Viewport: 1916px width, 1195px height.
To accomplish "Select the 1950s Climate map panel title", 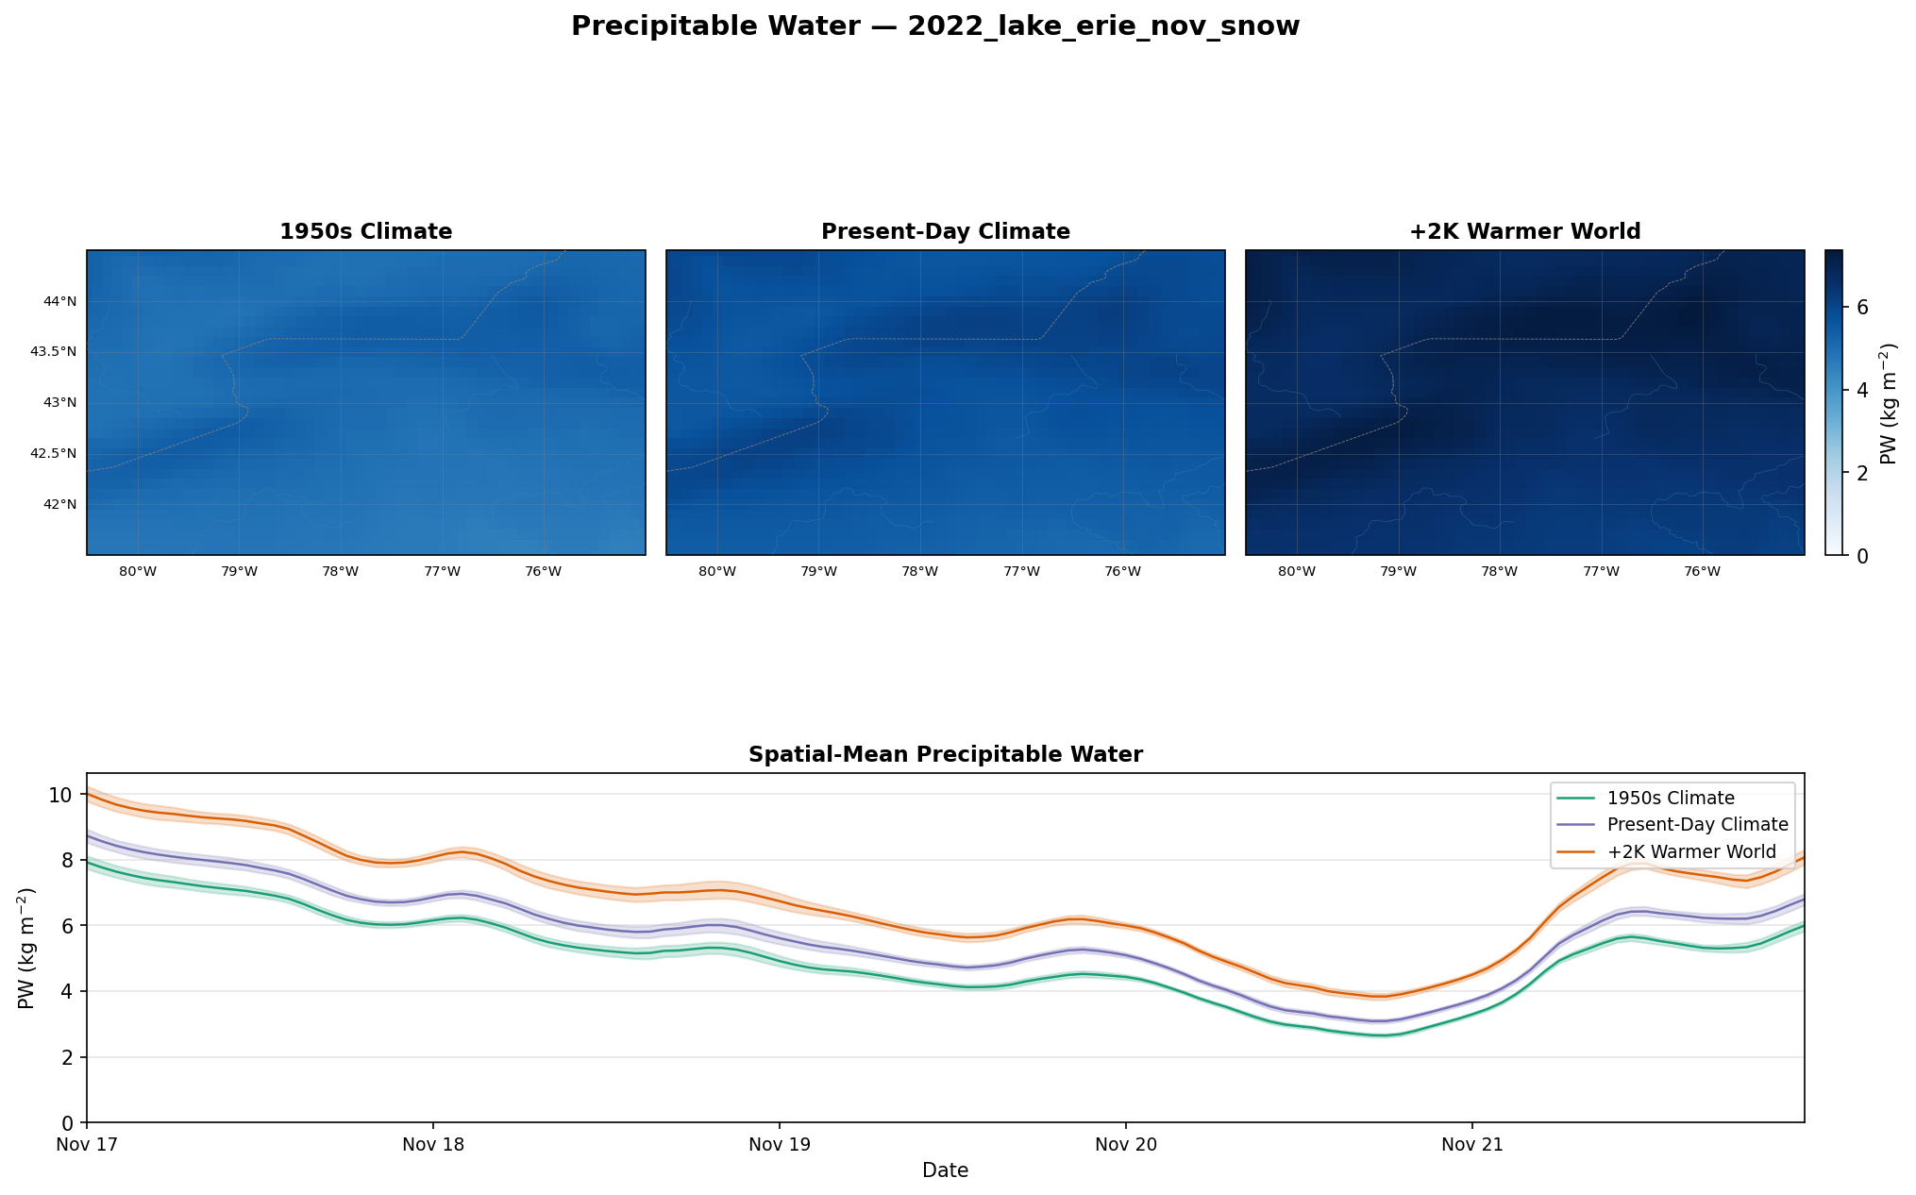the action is [366, 231].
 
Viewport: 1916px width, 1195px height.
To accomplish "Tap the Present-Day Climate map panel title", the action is [946, 231].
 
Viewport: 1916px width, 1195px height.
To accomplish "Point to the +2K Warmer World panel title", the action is [1525, 231].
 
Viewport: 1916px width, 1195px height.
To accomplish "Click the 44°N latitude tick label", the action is [60, 301].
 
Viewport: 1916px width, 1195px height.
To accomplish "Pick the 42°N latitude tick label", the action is [60, 504].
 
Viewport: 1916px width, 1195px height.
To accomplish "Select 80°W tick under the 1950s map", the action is [138, 571].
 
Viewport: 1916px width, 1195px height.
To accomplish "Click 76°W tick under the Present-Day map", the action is [1123, 571].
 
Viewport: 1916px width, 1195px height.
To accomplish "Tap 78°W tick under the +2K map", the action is [1500, 571].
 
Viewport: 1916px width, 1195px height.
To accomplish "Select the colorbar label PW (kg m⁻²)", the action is [1889, 403].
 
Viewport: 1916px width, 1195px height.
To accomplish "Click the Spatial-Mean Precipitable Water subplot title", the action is [946, 754].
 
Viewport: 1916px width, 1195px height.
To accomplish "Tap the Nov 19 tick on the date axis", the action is [780, 1146].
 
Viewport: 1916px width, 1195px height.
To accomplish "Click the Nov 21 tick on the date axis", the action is [1472, 1146].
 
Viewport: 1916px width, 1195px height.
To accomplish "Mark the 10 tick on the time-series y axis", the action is [60, 795].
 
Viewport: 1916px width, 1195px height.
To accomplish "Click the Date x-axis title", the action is [946, 1170].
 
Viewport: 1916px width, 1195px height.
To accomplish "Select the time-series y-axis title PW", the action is [26, 948].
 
